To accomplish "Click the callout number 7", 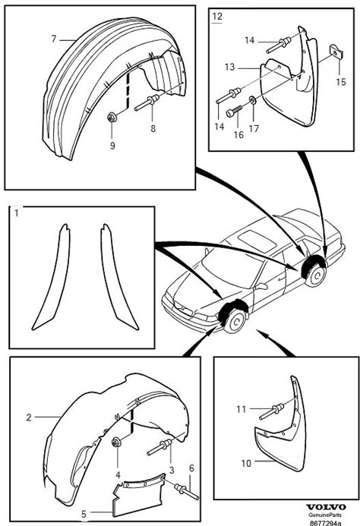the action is [54, 39].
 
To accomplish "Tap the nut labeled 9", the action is [111, 118].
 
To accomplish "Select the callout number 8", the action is [153, 128].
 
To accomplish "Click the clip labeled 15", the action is [337, 52].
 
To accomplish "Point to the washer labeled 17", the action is [252, 99].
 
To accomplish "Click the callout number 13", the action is [229, 67].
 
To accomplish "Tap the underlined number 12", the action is [217, 16].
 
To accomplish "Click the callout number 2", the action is [29, 417].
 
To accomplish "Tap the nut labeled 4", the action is [117, 443].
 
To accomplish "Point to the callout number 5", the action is [84, 514].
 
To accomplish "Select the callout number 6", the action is [191, 468].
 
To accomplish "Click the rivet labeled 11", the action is [272, 411].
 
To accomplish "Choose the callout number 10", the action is [246, 463].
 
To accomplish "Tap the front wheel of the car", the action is [235, 321].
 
